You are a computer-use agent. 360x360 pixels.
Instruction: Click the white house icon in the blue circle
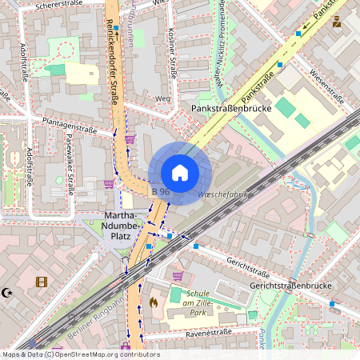[180, 173]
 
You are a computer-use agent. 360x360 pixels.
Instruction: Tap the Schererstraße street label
[60, 6]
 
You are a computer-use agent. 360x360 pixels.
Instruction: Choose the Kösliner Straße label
[173, 51]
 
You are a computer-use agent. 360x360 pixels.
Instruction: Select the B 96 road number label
[160, 192]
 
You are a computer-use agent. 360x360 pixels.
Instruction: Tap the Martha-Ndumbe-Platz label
[122, 226]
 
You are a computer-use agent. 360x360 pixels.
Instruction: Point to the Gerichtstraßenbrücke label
[290, 286]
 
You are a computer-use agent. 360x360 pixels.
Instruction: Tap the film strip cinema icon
[42, 282]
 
